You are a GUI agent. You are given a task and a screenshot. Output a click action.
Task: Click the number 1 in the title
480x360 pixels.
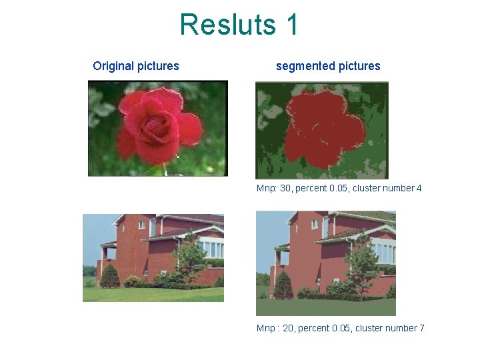[x=291, y=25]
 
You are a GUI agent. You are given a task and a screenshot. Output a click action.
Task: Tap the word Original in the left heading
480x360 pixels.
[x=113, y=66]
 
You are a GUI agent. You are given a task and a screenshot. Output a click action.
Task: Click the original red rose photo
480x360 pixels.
[x=158, y=128]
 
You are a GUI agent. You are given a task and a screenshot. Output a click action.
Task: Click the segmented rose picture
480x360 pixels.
[x=321, y=130]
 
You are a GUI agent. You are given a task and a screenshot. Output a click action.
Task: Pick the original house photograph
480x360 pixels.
[x=153, y=257]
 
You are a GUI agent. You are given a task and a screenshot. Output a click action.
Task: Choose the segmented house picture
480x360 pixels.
[x=325, y=263]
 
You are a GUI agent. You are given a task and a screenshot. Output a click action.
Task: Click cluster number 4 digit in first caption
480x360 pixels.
[x=419, y=189]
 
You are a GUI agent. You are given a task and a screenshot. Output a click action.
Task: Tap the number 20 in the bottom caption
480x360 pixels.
[x=289, y=328]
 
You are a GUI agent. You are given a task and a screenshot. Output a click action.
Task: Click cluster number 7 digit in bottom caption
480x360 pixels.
[x=421, y=328]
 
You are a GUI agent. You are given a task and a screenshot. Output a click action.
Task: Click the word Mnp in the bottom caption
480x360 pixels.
[x=267, y=328]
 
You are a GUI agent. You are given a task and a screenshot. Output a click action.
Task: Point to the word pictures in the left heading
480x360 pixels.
[x=158, y=66]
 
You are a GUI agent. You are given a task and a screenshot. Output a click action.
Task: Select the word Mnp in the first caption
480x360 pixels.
[x=266, y=189]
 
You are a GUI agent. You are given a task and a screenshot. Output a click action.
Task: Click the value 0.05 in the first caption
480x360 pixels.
[x=339, y=189]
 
